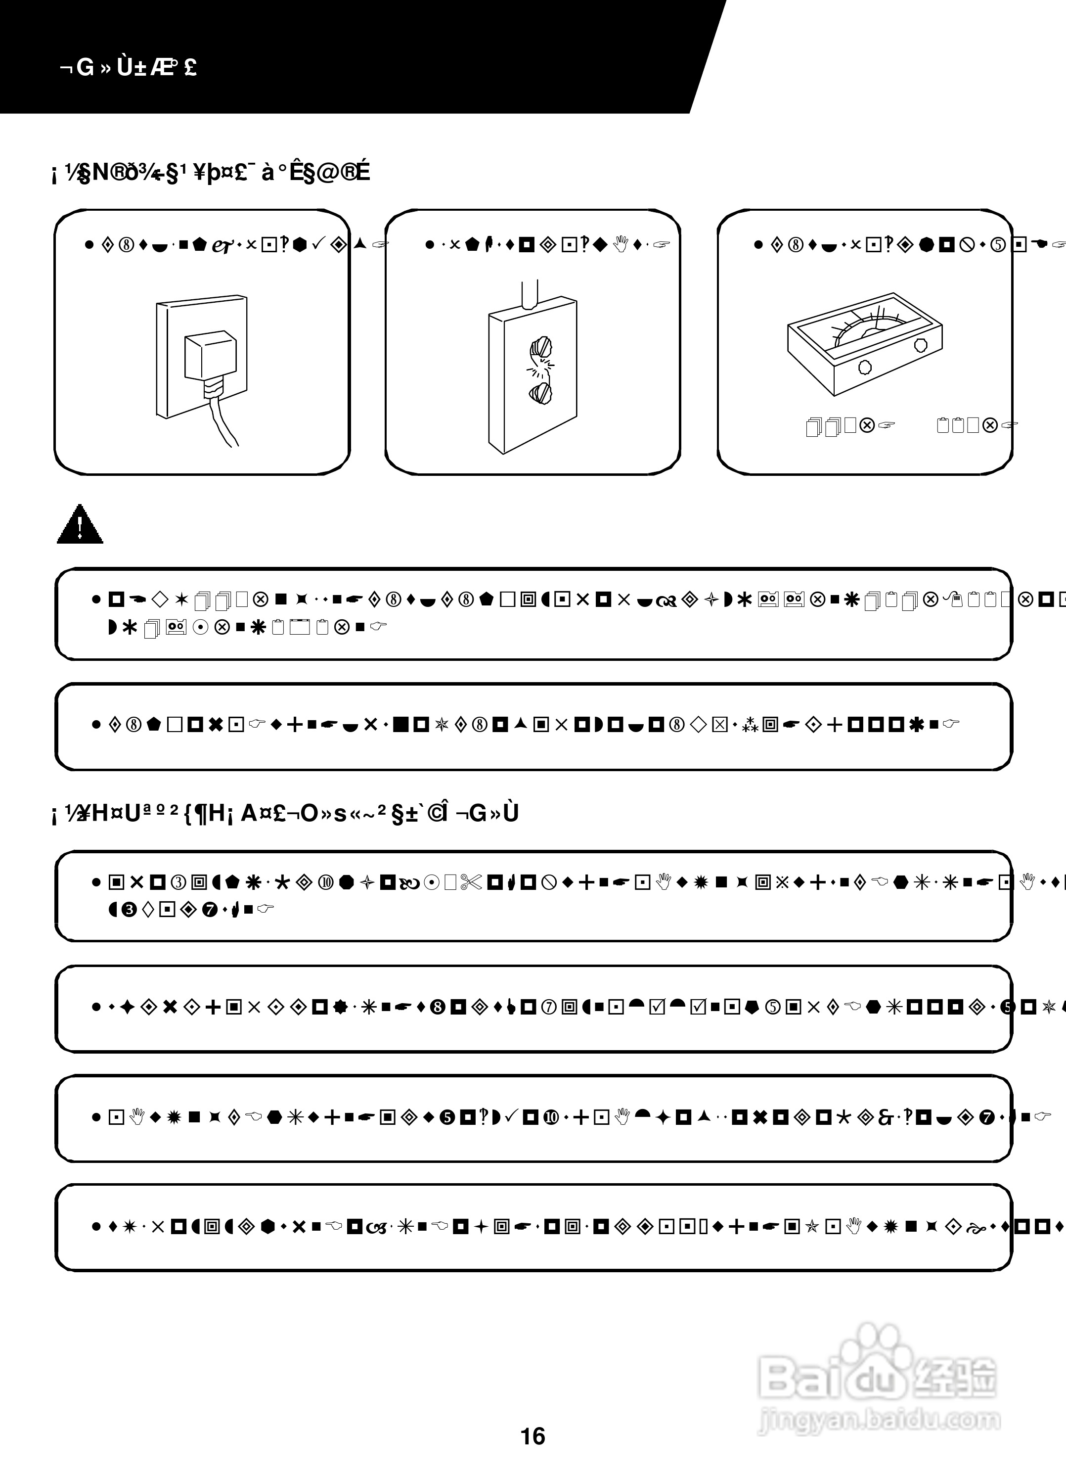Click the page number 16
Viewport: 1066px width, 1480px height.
[x=533, y=1435]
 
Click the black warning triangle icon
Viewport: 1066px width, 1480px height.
[x=80, y=525]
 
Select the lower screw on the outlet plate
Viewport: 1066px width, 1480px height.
[x=541, y=393]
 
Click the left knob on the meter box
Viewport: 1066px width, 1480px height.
[x=865, y=366]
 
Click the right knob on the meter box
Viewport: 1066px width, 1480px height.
[x=921, y=344]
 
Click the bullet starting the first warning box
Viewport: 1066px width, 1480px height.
[x=96, y=599]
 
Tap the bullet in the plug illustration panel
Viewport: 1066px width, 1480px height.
[x=89, y=245]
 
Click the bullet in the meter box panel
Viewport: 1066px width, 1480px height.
[x=757, y=245]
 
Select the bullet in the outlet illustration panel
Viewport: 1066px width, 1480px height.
[x=429, y=245]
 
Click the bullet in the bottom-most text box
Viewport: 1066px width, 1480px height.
[x=96, y=1227]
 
